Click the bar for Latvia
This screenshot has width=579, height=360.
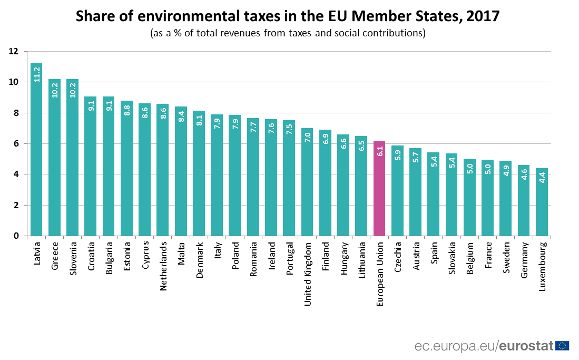pyautogui.click(x=36, y=150)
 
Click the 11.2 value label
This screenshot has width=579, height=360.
pyautogui.click(x=37, y=74)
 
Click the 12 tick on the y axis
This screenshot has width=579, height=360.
pyautogui.click(x=13, y=52)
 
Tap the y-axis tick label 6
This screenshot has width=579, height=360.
pyautogui.click(x=16, y=144)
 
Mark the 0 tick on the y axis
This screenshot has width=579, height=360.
pyautogui.click(x=16, y=236)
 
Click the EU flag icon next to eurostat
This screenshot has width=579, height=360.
pyautogui.click(x=562, y=346)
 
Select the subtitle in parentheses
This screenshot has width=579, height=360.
pyautogui.click(x=288, y=33)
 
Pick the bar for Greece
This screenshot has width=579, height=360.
pyautogui.click(x=54, y=158)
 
